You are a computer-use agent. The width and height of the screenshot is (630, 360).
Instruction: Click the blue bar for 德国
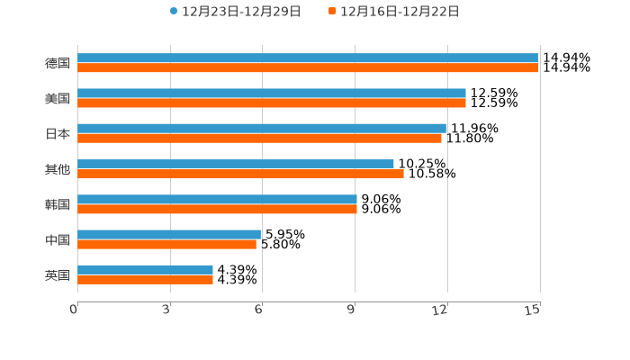click(x=308, y=58)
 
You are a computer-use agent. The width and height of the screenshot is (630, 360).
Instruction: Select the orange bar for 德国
click(x=308, y=68)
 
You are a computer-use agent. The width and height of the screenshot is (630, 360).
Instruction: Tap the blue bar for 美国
click(x=272, y=94)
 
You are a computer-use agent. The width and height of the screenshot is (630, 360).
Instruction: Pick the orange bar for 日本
click(x=259, y=139)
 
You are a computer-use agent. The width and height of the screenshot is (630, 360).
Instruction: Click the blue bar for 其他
click(x=236, y=164)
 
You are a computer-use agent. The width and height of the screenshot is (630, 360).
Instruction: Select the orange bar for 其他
click(x=240, y=174)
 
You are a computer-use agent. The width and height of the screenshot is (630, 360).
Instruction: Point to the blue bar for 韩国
click(x=217, y=199)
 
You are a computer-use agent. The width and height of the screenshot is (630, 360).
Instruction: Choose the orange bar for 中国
click(x=166, y=244)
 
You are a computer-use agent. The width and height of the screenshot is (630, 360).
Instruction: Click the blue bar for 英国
click(x=145, y=270)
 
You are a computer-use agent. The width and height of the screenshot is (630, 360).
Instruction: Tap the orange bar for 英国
click(x=145, y=280)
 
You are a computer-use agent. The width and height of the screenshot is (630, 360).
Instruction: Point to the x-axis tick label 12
click(x=440, y=310)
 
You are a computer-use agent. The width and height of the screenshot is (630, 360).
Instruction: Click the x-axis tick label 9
click(x=351, y=310)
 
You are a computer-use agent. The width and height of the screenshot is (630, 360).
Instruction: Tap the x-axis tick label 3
click(x=166, y=310)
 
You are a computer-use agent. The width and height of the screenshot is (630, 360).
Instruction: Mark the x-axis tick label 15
click(x=532, y=310)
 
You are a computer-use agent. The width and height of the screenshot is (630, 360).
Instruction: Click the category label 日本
click(x=58, y=134)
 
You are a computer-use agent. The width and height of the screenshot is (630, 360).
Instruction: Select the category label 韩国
click(x=58, y=204)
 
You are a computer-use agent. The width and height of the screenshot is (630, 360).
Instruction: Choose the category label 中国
click(x=58, y=239)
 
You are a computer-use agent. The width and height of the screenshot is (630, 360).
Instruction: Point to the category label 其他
click(x=58, y=169)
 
